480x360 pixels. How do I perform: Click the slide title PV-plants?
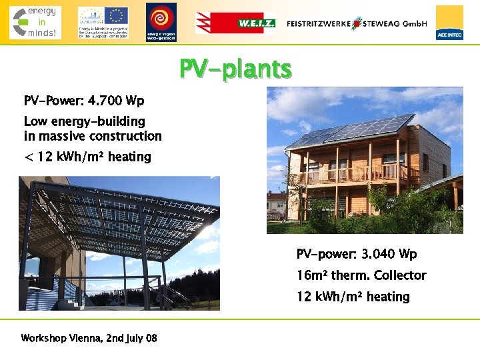click(235, 69)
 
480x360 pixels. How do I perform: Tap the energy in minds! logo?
click(35, 22)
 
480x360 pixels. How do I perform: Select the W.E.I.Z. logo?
click(235, 23)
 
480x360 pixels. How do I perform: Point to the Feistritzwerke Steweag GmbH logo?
click(357, 23)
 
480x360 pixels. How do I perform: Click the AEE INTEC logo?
click(449, 23)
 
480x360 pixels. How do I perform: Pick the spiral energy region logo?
click(161, 21)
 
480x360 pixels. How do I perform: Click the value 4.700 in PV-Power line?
click(105, 101)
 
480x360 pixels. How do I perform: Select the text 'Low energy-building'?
click(84, 121)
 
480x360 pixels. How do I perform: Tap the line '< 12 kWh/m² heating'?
click(87, 157)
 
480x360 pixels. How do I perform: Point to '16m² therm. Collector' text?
click(361, 275)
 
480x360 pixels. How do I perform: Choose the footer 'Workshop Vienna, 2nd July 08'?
click(89, 338)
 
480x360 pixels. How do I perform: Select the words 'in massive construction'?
click(93, 136)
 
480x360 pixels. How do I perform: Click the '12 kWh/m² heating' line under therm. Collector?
click(353, 297)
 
